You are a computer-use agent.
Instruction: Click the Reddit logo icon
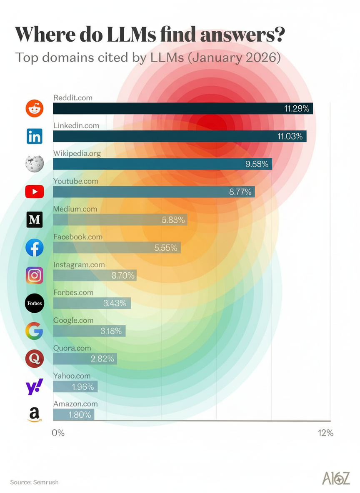click(35, 108)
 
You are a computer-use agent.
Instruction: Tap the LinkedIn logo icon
click(35, 136)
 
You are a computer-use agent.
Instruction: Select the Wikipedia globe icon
click(35, 164)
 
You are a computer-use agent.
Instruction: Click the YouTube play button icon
click(35, 192)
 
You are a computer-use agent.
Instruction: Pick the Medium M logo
click(35, 219)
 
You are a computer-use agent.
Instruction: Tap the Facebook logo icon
click(35, 247)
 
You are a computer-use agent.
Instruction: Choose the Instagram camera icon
click(35, 275)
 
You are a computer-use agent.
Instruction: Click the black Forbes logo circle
click(35, 303)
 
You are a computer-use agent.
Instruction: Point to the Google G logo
click(35, 331)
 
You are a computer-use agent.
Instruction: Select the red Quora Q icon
click(35, 359)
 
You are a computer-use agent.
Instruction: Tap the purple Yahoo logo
click(35, 386)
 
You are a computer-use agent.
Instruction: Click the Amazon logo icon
click(35, 414)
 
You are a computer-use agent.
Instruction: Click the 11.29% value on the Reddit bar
click(297, 109)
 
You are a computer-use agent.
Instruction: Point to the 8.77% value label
click(240, 192)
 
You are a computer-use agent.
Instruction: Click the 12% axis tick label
click(325, 433)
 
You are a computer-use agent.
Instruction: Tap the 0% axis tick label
click(58, 433)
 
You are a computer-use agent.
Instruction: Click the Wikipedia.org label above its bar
click(77, 153)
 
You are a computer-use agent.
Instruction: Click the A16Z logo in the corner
click(335, 478)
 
